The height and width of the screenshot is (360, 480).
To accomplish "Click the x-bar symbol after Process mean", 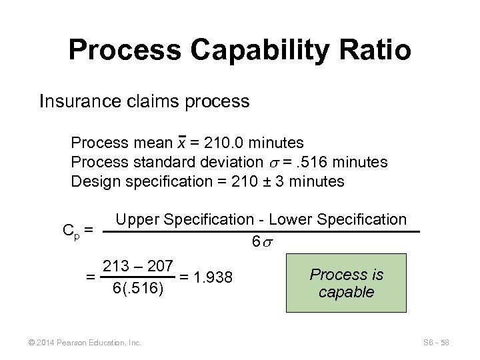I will coord(181,143).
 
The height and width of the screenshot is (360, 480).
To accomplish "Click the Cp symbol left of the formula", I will coord(70,230).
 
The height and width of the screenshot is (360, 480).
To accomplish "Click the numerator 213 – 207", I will coord(137,266).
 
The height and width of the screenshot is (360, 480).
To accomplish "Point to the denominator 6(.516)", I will coord(137,288).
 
